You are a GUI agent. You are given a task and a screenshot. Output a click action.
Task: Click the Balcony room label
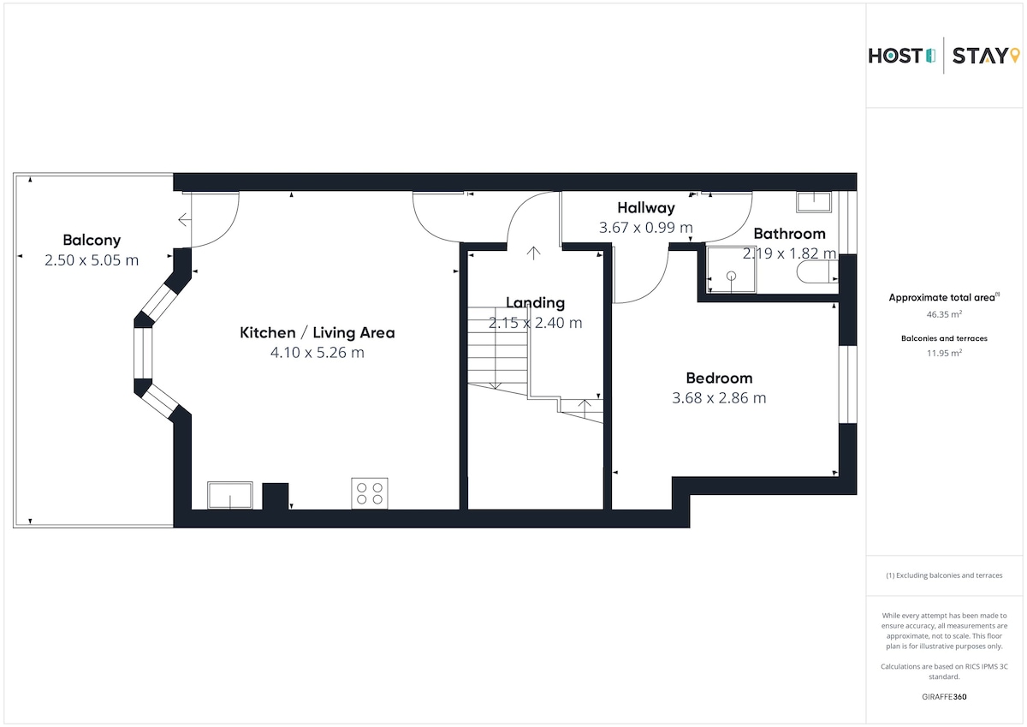[92, 240]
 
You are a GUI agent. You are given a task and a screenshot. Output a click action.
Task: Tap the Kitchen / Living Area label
[318, 332]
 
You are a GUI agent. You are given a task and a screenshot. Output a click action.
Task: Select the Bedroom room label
[720, 378]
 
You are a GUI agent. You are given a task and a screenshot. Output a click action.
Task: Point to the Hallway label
[646, 208]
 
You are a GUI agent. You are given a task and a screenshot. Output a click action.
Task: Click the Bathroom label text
[789, 234]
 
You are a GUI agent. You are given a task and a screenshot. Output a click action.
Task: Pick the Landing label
[535, 303]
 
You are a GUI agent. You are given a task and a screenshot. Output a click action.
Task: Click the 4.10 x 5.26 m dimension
[318, 353]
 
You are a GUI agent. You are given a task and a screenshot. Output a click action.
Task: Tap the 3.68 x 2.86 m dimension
[719, 397]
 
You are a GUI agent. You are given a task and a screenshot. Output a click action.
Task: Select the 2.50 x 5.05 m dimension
[92, 260]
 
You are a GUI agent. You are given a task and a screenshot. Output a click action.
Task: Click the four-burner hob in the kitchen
[370, 493]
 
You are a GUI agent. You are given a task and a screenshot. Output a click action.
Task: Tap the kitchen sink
[229, 495]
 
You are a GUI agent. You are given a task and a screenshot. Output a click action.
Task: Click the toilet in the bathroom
[817, 272]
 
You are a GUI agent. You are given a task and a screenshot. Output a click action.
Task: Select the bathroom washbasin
[814, 202]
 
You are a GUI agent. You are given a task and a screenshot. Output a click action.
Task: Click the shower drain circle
[731, 276]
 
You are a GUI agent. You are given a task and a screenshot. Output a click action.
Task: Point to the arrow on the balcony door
[184, 220]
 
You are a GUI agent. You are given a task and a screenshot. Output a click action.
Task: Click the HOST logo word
[895, 56]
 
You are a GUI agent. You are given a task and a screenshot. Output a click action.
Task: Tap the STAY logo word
[980, 56]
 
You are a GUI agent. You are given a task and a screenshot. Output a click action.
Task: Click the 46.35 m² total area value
[944, 314]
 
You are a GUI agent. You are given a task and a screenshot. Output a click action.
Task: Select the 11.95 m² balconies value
[944, 353]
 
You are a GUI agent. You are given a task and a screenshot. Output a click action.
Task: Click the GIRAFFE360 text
[944, 697]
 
